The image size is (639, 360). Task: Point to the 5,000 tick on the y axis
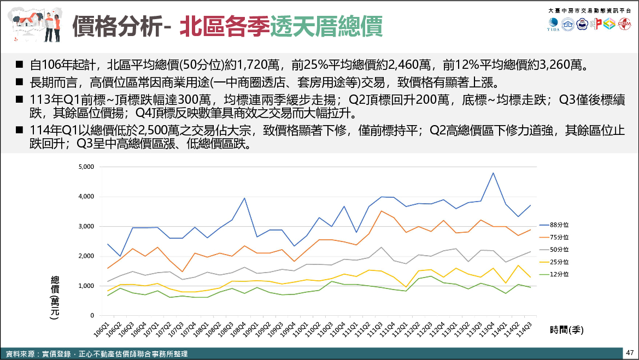point(86,167)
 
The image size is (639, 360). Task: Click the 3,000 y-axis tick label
point(86,226)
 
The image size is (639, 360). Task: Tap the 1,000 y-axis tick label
point(86,286)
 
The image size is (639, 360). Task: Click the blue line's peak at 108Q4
point(244,198)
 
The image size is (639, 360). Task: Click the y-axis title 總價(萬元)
point(55,298)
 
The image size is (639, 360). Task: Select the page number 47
point(630,352)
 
